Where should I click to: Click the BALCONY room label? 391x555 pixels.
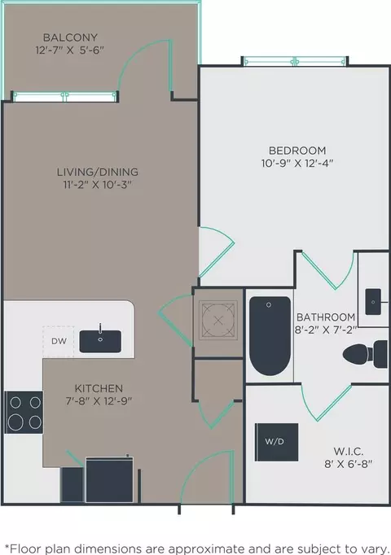click(70, 37)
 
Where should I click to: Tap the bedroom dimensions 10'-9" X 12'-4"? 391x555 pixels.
click(297, 164)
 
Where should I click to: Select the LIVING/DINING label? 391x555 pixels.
click(98, 172)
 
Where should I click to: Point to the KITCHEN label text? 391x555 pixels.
click(99, 388)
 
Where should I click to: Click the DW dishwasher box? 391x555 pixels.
click(59, 342)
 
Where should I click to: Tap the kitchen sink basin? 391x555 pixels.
click(100, 341)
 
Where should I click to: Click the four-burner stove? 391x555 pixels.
click(24, 413)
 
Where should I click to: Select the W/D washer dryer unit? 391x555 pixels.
click(276, 442)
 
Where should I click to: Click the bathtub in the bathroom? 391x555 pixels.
click(270, 336)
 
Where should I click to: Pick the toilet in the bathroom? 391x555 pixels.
click(365, 354)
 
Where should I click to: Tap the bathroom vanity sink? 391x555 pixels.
click(373, 302)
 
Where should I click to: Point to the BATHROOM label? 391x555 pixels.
click(326, 317)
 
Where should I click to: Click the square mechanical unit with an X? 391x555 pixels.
click(218, 321)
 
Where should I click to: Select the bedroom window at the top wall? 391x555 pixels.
click(295, 62)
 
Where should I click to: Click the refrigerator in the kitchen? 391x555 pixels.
click(109, 479)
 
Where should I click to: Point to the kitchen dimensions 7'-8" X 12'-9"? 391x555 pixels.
click(99, 401)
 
